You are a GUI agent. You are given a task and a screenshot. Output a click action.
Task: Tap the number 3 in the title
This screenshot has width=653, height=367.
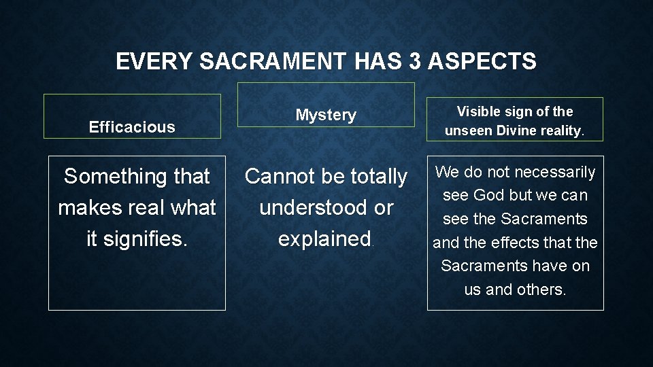pyautogui.click(x=416, y=62)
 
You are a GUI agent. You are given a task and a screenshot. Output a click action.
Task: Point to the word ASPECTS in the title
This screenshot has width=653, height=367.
pyautogui.click(x=482, y=62)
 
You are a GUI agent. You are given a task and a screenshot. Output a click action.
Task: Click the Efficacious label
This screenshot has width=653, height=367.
pyautogui.click(x=132, y=127)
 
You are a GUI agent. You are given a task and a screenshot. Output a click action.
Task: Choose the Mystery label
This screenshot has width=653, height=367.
pyautogui.click(x=326, y=116)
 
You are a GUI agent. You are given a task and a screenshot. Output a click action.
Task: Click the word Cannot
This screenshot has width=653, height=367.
pyautogui.click(x=278, y=177)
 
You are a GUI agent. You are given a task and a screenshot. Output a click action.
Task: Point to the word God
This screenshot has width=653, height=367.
pyautogui.click(x=488, y=196)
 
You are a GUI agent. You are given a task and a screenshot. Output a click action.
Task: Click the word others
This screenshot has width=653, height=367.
pyautogui.click(x=541, y=290)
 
